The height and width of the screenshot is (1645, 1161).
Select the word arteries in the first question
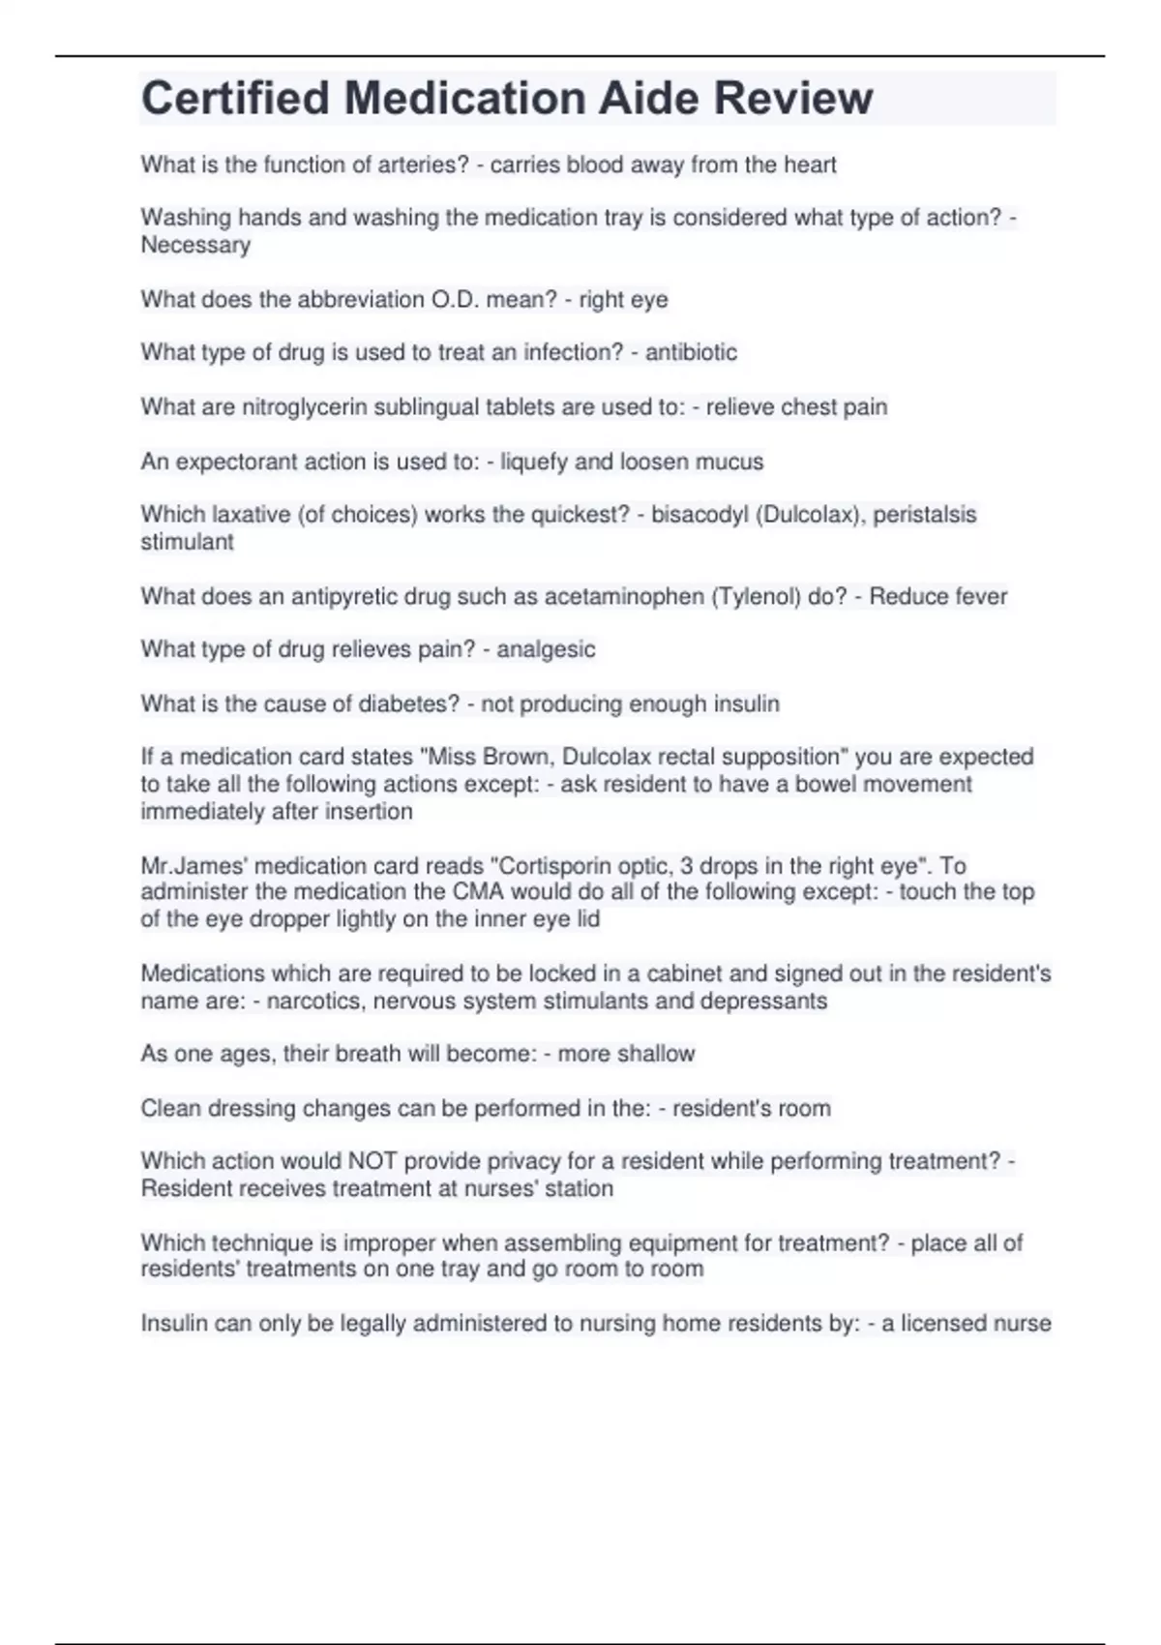pos(427,165)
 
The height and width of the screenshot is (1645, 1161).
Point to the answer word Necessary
pos(195,245)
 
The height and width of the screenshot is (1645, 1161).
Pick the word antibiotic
pos(691,352)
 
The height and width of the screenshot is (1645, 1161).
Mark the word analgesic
pos(546,649)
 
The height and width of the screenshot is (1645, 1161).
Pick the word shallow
pos(654,1054)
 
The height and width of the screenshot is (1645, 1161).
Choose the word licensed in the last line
pos(944,1323)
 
